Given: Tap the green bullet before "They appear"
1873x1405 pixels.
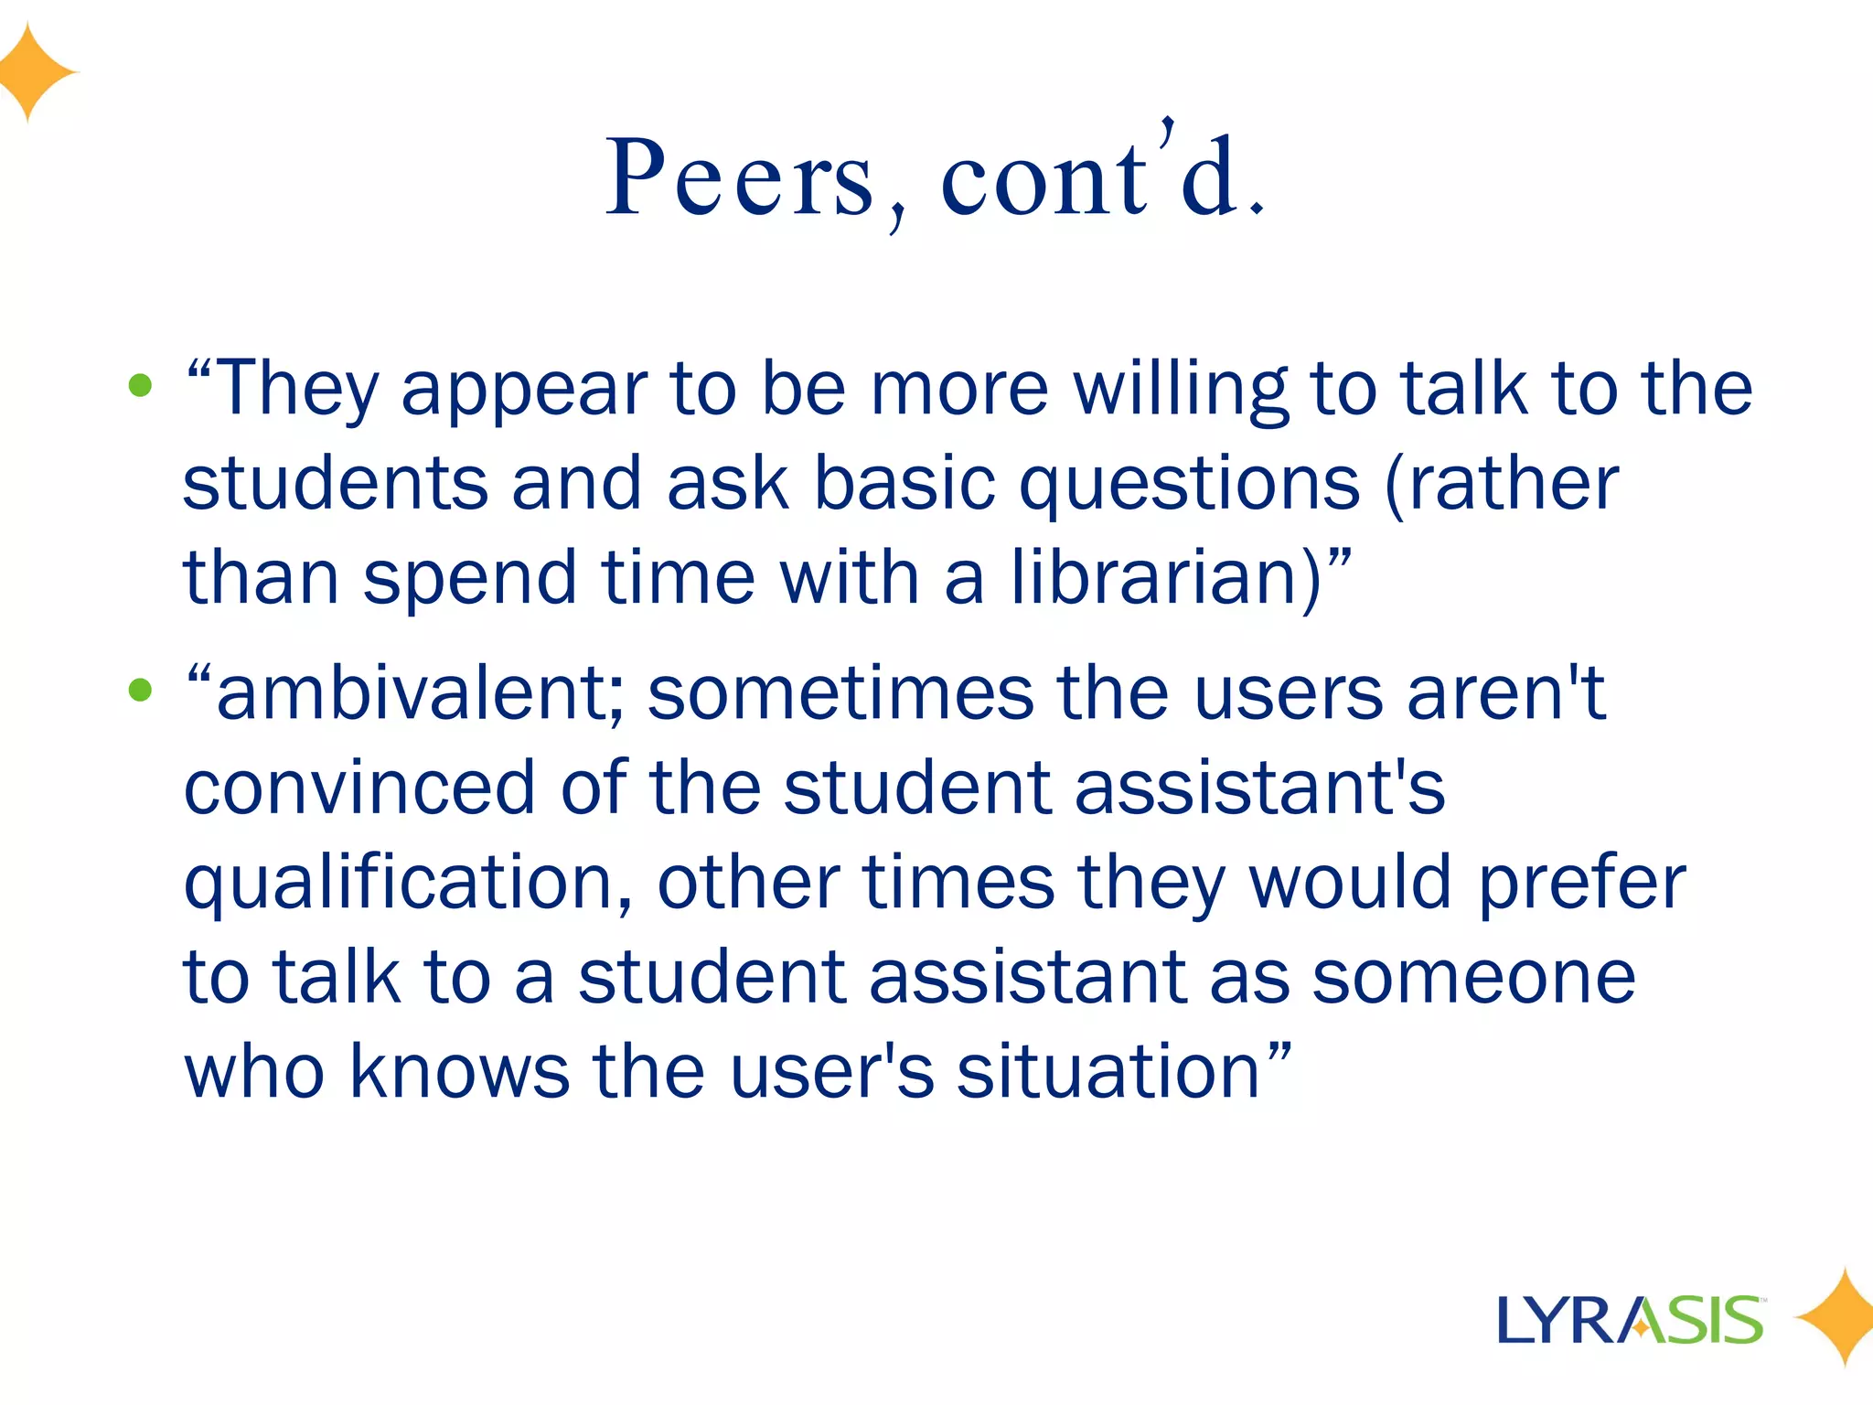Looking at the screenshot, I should click(140, 385).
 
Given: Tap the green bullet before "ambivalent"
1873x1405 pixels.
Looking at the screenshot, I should click(140, 690).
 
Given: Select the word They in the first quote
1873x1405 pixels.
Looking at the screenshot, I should click(295, 389).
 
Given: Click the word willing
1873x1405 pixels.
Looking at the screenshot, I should click(1180, 389).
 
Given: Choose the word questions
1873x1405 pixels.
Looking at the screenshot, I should click(1189, 485).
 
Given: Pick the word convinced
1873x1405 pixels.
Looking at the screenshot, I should click(359, 788).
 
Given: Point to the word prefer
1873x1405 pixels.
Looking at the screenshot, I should click(1581, 883).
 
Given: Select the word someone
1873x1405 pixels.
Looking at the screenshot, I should click(1473, 977).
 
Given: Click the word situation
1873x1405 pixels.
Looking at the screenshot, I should click(1108, 1071).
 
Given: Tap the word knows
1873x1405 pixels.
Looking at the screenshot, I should click(460, 1071).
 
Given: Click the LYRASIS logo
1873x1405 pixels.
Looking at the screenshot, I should click(1630, 1320).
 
